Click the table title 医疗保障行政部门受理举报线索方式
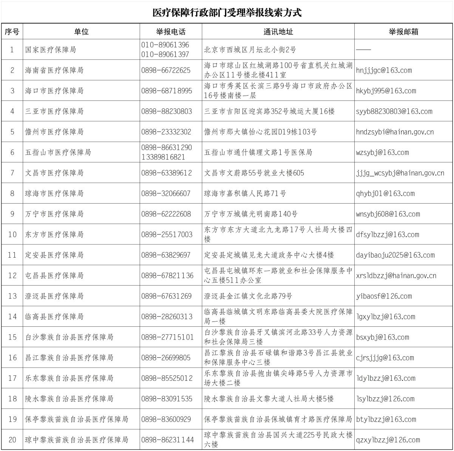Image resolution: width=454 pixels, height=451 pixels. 227,13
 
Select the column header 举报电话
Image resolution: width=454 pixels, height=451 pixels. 171,32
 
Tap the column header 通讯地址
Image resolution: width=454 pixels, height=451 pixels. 278,32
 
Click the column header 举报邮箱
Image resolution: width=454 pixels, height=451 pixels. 403,32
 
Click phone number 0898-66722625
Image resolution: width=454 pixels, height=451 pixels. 166,70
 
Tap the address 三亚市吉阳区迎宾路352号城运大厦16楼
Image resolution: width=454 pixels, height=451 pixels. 269,111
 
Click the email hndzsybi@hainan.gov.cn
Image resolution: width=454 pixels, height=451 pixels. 395,132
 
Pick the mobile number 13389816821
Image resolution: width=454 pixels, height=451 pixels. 163,157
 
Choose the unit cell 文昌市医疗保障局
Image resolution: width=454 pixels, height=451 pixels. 54,173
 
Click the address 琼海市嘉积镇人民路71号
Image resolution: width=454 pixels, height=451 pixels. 245,193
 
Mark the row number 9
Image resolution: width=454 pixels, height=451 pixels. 12,214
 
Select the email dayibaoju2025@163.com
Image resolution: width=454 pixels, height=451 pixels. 395,255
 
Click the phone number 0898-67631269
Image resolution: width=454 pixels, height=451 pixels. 166,296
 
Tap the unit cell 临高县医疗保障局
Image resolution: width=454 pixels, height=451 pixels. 54,317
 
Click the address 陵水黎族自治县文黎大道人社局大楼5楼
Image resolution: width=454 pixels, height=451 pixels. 269,398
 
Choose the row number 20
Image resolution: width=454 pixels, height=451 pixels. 12,440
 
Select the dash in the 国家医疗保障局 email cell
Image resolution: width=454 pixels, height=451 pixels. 363,49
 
